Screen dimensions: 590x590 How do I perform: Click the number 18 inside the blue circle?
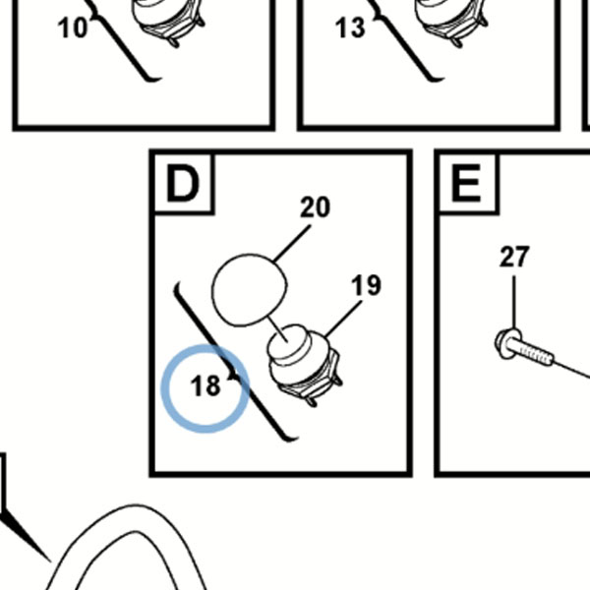[206, 385]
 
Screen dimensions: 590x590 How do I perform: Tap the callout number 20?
[316, 206]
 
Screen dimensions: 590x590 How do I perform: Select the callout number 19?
[366, 285]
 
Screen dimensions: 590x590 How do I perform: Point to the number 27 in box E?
[514, 257]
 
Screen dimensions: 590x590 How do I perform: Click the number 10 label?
[73, 28]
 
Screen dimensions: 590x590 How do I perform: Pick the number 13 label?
[350, 28]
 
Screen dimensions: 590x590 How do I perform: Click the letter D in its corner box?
[183, 184]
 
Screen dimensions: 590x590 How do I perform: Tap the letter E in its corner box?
[466, 184]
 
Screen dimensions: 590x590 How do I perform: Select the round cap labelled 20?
[249, 290]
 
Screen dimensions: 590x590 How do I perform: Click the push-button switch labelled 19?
[303, 364]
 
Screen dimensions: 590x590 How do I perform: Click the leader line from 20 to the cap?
[292, 244]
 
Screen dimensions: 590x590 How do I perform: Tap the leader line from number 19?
[343, 319]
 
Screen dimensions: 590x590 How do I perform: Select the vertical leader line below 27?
[514, 302]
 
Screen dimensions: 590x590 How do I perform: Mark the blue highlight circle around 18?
[206, 345]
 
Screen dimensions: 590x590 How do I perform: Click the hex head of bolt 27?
[508, 343]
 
